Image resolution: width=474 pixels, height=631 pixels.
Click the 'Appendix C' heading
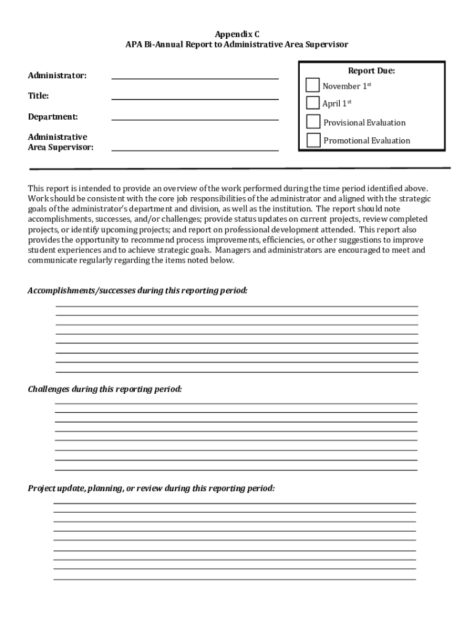[237, 35]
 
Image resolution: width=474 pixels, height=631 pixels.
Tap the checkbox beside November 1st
[313, 85]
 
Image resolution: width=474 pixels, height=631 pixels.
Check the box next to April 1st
[313, 102]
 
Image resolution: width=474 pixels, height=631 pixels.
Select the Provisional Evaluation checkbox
[313, 121]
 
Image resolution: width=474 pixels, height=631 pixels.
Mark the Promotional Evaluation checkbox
[313, 140]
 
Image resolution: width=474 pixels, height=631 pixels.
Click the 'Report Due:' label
[371, 71]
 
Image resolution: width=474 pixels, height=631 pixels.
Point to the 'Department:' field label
[52, 116]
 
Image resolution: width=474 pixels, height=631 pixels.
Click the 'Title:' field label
[38, 96]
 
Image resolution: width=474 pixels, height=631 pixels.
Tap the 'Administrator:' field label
[57, 75]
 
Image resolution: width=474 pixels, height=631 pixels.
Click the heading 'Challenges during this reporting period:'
[105, 389]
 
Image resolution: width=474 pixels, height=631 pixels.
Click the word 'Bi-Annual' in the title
[164, 45]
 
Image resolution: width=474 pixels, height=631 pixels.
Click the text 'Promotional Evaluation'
[366, 140]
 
